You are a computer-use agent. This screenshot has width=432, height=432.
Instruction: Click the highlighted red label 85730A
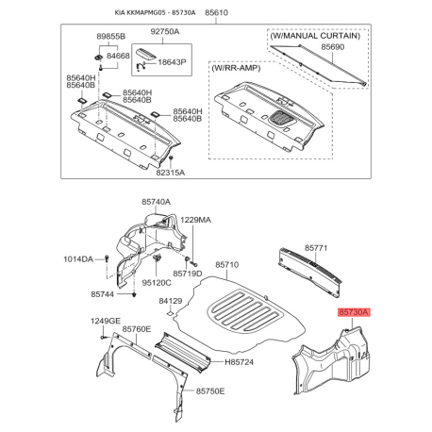tap(354, 312)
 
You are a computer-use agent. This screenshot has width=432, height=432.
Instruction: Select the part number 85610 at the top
tap(216, 12)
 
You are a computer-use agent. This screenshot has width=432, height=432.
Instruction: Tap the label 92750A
tap(165, 31)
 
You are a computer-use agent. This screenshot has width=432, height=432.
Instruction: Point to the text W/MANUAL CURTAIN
tap(315, 36)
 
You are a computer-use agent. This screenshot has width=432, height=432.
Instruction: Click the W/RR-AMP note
tap(236, 68)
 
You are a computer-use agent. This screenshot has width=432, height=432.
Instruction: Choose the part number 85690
tap(333, 47)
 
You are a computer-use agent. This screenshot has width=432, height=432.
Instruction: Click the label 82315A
tap(171, 173)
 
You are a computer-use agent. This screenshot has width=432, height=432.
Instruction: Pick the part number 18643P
tap(172, 62)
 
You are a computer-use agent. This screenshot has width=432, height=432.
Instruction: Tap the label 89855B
tap(110, 37)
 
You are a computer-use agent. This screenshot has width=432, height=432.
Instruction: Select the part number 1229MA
tap(195, 220)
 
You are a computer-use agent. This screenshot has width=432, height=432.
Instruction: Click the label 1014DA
tap(78, 259)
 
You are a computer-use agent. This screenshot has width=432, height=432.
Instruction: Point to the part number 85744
tap(103, 294)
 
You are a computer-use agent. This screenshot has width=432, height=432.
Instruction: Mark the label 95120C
tap(157, 283)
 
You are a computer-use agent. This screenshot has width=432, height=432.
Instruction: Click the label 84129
tap(171, 301)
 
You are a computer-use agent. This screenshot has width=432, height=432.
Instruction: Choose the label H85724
tap(239, 362)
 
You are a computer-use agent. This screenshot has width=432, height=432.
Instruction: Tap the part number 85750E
tap(210, 391)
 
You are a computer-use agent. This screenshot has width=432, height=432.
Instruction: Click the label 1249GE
tap(106, 321)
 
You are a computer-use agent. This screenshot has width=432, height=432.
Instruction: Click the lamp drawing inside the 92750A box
tap(146, 54)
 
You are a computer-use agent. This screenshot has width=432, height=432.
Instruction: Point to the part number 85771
tap(316, 248)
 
